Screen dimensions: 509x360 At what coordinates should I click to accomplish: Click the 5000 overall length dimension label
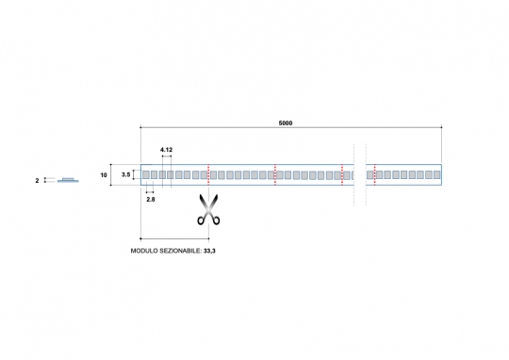point(286,123)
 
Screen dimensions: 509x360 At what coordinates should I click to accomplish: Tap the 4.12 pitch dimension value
point(166,150)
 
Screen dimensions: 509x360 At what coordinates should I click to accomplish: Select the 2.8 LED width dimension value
point(151,199)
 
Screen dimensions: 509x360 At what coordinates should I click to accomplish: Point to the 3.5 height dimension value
point(126,174)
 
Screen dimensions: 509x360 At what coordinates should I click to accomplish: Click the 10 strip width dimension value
point(104,175)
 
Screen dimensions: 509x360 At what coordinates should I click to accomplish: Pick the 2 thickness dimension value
point(37,181)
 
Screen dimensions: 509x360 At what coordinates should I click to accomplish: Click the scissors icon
point(208,209)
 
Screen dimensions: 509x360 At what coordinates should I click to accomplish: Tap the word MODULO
point(140,251)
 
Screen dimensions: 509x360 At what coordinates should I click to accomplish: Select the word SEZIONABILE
point(177,251)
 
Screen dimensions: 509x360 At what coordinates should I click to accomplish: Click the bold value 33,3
point(209,251)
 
